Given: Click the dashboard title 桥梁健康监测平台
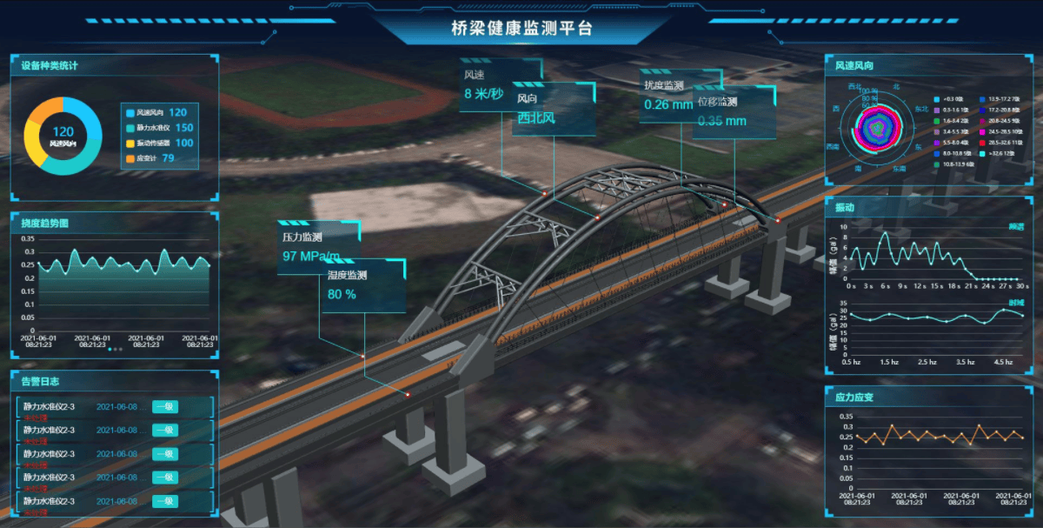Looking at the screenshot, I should [x=521, y=28].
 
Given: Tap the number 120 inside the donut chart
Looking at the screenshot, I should [x=63, y=131].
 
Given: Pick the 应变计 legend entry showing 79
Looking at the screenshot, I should [x=150, y=158].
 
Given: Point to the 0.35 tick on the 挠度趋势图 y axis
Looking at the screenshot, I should [x=29, y=239].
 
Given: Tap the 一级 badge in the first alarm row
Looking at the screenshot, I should [x=164, y=406].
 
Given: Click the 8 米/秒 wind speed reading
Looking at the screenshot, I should [x=483, y=94].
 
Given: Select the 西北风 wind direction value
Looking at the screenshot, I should [x=536, y=117].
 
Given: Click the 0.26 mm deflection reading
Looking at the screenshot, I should [x=668, y=105].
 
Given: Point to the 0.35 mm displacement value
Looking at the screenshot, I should [x=722, y=121].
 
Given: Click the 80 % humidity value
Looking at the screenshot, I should [x=342, y=294].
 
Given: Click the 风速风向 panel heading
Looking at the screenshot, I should [x=854, y=65].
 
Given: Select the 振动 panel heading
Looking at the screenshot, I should [x=845, y=208].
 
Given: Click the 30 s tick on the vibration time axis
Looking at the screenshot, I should [x=1022, y=286].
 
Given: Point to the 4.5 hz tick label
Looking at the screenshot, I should [x=1003, y=362].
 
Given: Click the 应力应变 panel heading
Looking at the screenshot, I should [x=854, y=397].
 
